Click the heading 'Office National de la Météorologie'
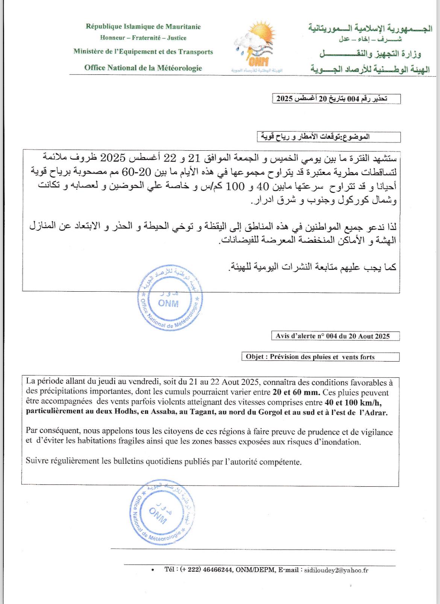tap(143, 68)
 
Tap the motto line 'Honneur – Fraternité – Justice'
tap(143, 38)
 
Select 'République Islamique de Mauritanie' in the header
tap(143, 26)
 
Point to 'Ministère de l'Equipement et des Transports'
tap(143, 52)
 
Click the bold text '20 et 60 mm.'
tap(296, 393)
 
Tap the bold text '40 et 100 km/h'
tap(355, 403)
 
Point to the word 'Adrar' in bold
tap(376, 412)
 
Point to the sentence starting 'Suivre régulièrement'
tap(164, 462)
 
